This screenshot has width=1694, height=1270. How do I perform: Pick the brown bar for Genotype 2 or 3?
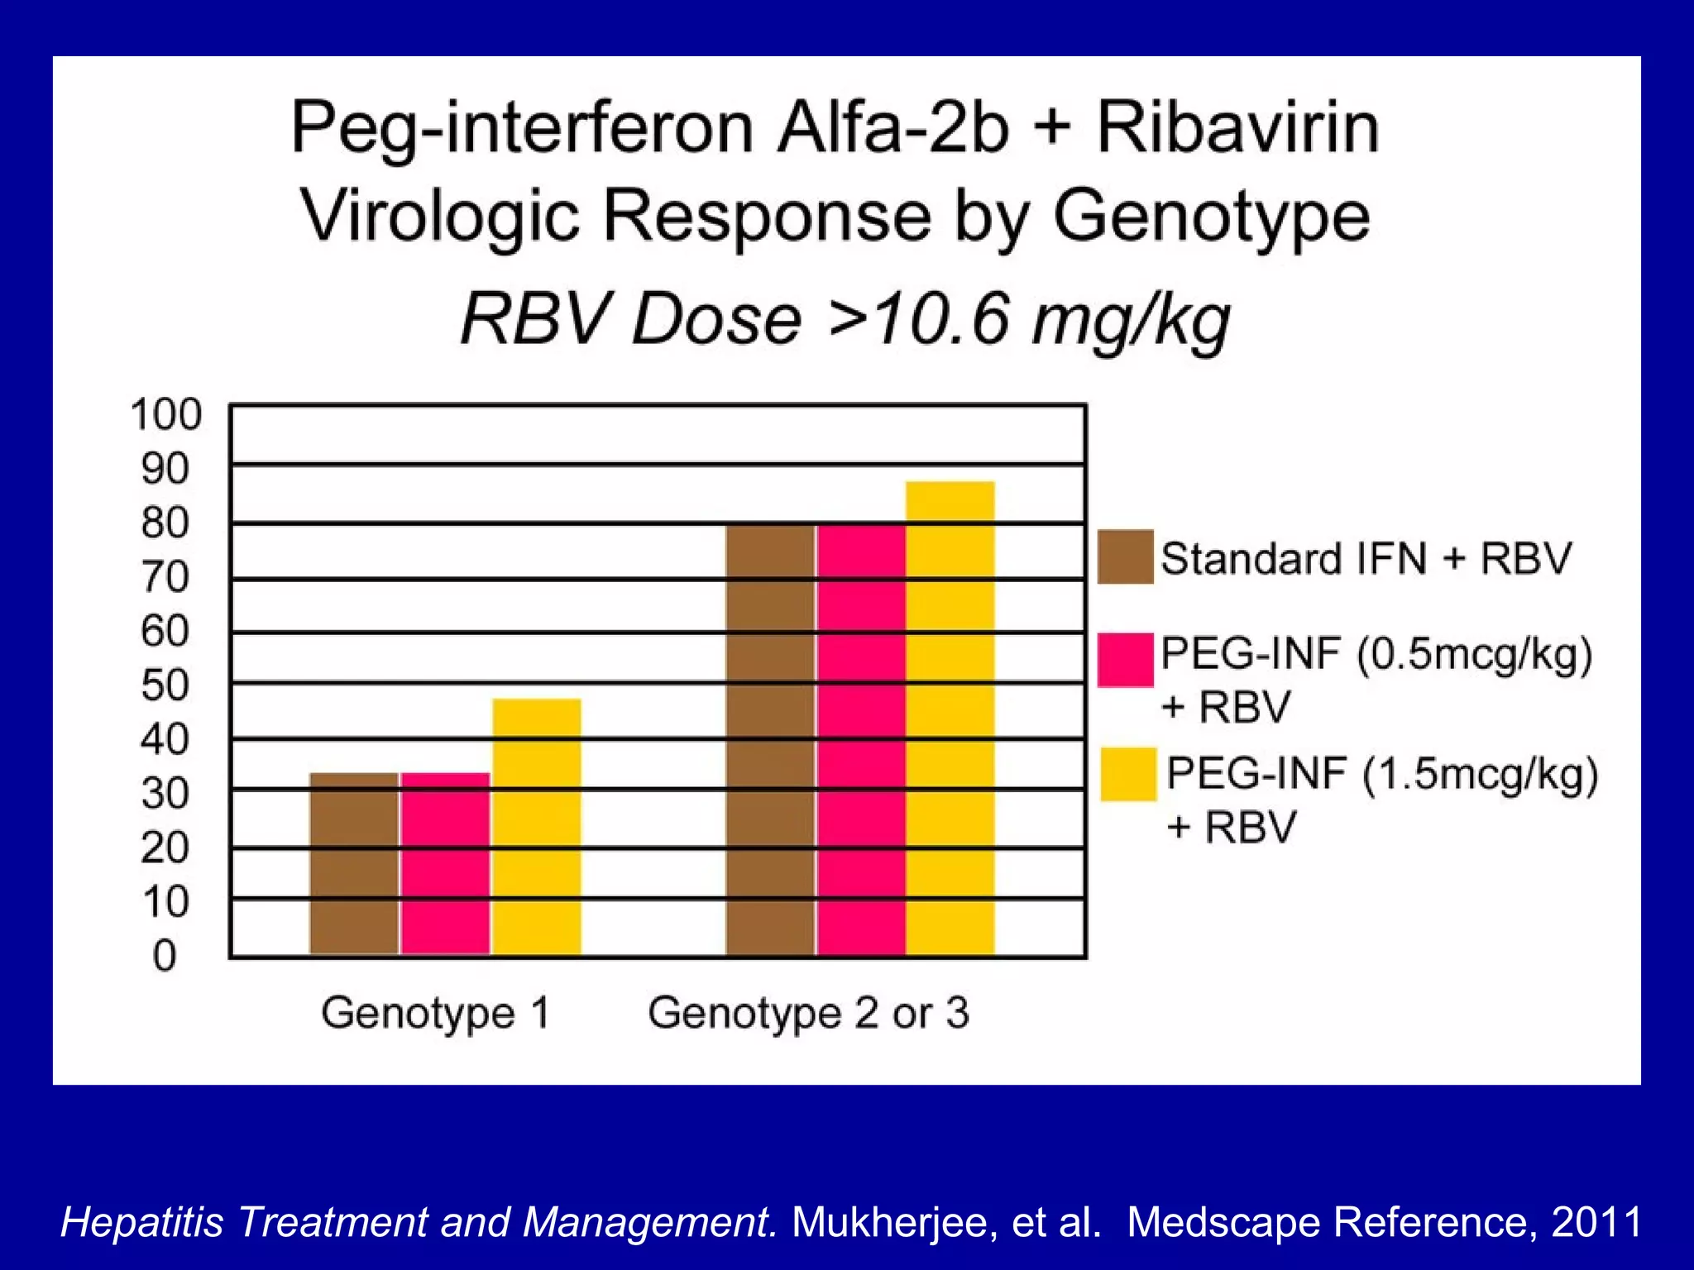click(x=770, y=740)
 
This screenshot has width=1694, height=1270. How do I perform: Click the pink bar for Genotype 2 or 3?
click(x=861, y=740)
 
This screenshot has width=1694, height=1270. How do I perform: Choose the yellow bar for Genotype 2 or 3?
click(x=950, y=719)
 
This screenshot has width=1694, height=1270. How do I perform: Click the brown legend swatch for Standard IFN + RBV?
click(x=1125, y=557)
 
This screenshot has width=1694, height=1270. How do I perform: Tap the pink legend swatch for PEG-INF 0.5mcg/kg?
click(x=1125, y=660)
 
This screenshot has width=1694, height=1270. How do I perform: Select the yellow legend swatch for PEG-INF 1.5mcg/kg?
click(x=1127, y=775)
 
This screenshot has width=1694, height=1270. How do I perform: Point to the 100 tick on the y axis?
click(x=166, y=414)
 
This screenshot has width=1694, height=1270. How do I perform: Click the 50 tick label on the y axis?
click(x=165, y=685)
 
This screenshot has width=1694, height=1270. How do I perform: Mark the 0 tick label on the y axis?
click(x=165, y=956)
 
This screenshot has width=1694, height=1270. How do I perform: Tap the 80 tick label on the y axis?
click(x=165, y=523)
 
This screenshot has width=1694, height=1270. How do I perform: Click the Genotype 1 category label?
click(x=436, y=1013)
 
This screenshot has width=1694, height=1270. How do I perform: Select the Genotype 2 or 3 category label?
click(x=808, y=1013)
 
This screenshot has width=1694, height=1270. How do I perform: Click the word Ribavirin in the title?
click(x=1237, y=128)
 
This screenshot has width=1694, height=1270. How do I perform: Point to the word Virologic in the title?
click(x=439, y=217)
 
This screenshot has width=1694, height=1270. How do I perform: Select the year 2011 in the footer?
click(x=1596, y=1222)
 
